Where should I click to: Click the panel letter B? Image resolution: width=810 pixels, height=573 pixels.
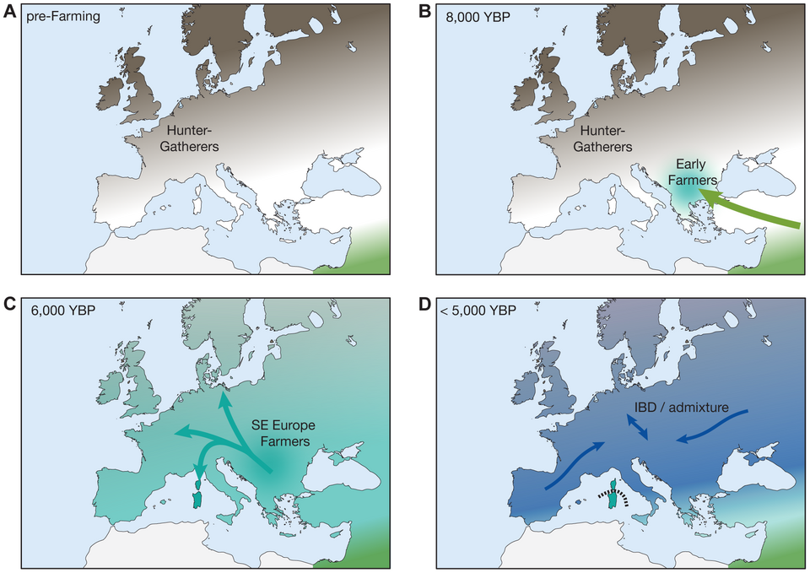tap(424, 12)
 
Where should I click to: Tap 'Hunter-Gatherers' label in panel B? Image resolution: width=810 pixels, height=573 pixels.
tap(602, 138)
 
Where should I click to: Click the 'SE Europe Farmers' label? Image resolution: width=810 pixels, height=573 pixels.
tap(282, 431)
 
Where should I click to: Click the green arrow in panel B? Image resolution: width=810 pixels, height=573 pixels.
tap(751, 211)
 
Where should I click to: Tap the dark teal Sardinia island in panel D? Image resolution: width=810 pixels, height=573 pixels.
tap(613, 501)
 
